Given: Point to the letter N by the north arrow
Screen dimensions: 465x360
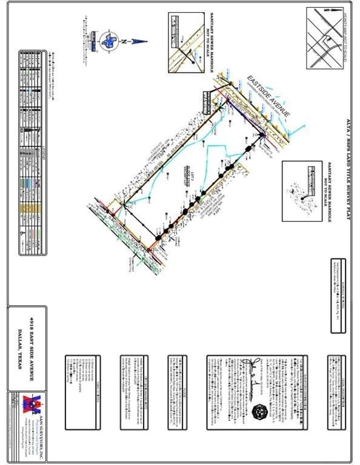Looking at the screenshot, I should coord(124,41).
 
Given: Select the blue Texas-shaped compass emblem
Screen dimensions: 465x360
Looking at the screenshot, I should coord(109,41).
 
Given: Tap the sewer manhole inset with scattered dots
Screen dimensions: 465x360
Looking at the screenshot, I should coord(302,188).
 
